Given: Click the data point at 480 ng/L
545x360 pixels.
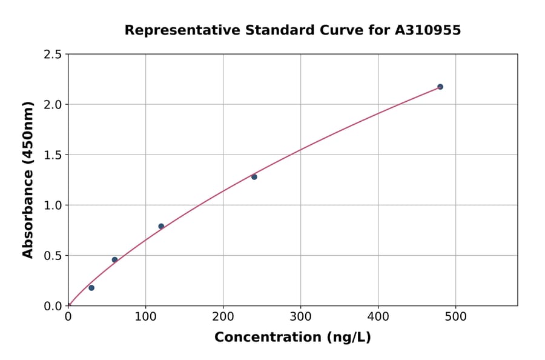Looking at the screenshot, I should point(440,87).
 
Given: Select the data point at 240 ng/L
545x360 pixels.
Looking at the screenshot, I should point(254,177).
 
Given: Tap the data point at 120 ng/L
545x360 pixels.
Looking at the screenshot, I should point(161,227).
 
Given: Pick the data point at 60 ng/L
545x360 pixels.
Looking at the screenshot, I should point(114,260).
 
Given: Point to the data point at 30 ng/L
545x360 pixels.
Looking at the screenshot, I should point(91,288).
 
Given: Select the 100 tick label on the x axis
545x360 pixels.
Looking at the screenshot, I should point(145,317).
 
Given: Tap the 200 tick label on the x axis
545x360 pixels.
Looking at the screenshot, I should point(223,317).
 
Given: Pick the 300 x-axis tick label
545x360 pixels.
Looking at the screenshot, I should point(300,317).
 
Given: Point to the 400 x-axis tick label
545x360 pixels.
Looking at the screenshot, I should point(378,317).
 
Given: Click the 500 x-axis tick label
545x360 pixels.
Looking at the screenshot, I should point(455,317).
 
